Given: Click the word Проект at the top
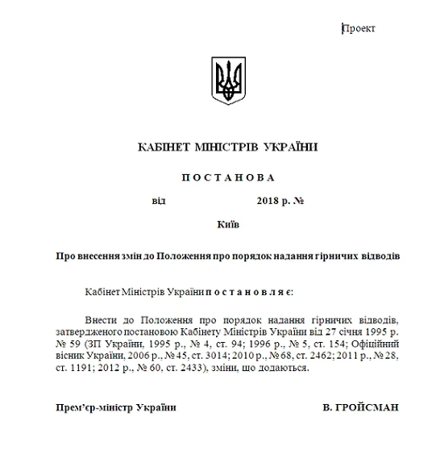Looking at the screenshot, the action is (x=359, y=29).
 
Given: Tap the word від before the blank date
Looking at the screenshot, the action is (x=158, y=200).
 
